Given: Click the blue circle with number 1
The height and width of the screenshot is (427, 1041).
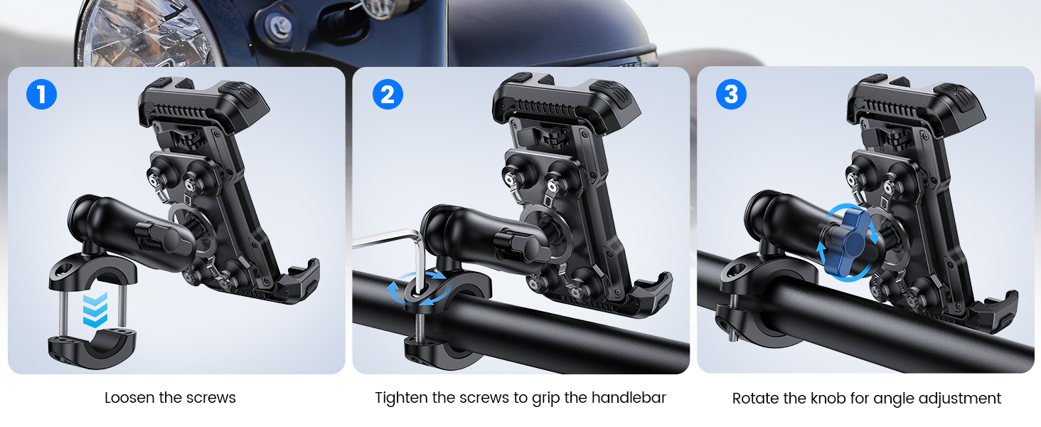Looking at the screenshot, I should coord(41,95).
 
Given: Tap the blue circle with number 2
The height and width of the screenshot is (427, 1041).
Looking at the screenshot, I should coord(388,95).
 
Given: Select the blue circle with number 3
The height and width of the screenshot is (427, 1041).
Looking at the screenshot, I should coord(732,95).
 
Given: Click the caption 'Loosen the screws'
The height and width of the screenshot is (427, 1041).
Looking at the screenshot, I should coord(170,398).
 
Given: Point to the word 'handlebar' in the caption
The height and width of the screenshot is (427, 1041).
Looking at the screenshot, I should coord(626,398).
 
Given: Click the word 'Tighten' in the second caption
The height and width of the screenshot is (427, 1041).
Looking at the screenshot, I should coord(401,398).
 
